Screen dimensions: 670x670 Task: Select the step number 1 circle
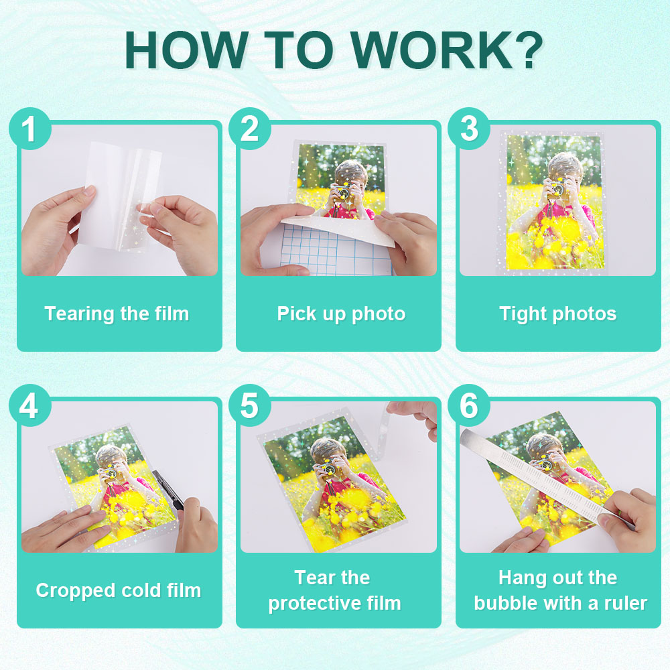pyautogui.click(x=30, y=129)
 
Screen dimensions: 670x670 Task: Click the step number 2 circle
pyautogui.click(x=249, y=129)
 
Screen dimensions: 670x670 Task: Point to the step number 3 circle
pyautogui.click(x=469, y=129)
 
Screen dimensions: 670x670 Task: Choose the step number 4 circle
pyautogui.click(x=30, y=405)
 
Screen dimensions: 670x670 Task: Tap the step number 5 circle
pyautogui.click(x=249, y=405)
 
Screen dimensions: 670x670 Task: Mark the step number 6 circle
pyautogui.click(x=469, y=405)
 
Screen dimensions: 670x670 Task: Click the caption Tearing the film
pyautogui.click(x=117, y=314)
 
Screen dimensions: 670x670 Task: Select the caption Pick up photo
pyautogui.click(x=341, y=314)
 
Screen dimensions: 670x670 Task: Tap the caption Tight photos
pyautogui.click(x=558, y=314)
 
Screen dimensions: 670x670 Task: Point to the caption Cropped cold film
pyautogui.click(x=119, y=591)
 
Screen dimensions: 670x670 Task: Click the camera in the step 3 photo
pyautogui.click(x=556, y=188)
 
